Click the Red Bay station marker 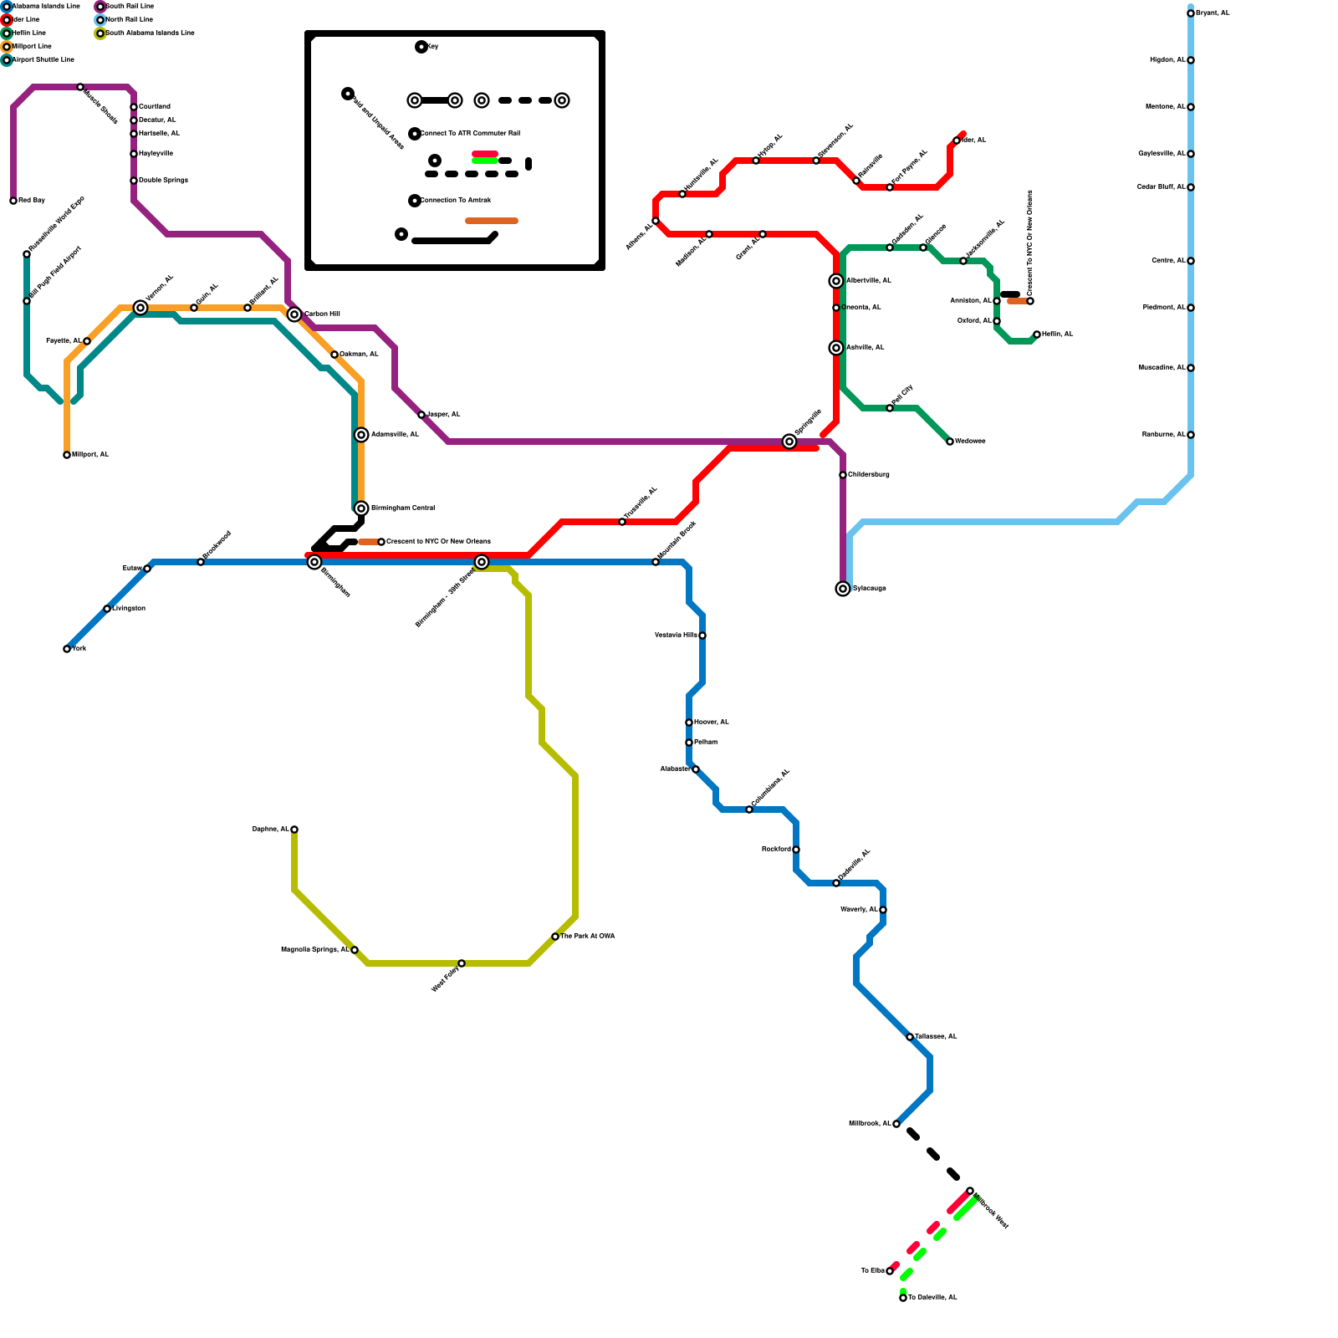tap(13, 201)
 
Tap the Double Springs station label tap(163, 181)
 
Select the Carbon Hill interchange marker tap(294, 314)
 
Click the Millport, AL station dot tap(67, 455)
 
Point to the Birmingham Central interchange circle tap(361, 508)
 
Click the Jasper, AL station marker tap(421, 415)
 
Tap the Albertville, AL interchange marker tap(836, 281)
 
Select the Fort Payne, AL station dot tap(890, 187)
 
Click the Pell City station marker tap(890, 408)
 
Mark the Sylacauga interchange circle tap(843, 589)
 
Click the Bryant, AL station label tap(1213, 13)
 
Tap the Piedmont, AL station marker tap(1191, 308)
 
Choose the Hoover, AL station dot tap(689, 723)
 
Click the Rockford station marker tap(796, 850)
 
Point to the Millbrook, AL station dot tap(896, 1124)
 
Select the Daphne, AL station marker tap(294, 830)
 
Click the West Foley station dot tap(462, 963)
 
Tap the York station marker tap(67, 649)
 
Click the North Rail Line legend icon tap(100, 20)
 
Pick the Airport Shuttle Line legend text tap(43, 60)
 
